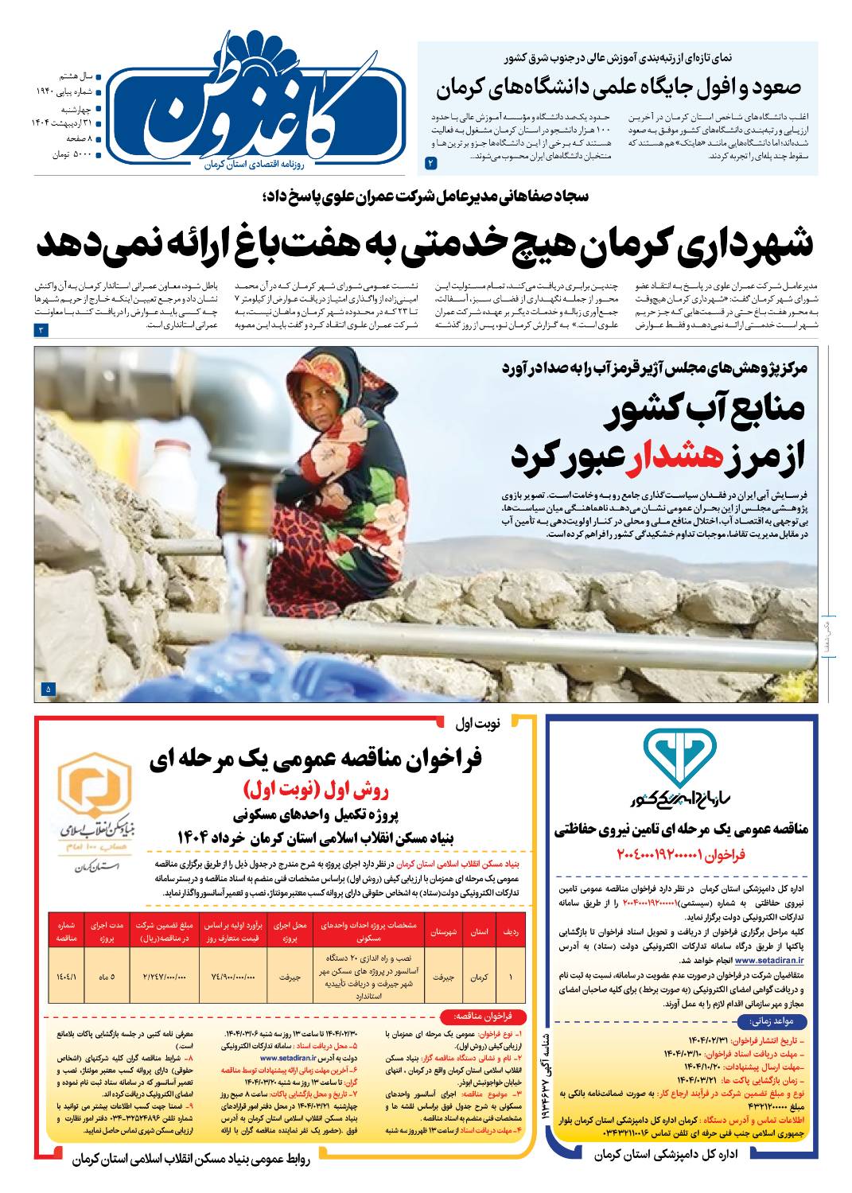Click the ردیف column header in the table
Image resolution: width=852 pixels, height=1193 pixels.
pos(510,931)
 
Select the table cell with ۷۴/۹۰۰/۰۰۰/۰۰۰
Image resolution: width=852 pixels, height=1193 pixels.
pos(232,976)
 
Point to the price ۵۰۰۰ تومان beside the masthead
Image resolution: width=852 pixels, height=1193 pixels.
pos(72,154)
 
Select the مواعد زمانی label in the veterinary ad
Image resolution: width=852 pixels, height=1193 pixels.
pos(762,1021)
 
